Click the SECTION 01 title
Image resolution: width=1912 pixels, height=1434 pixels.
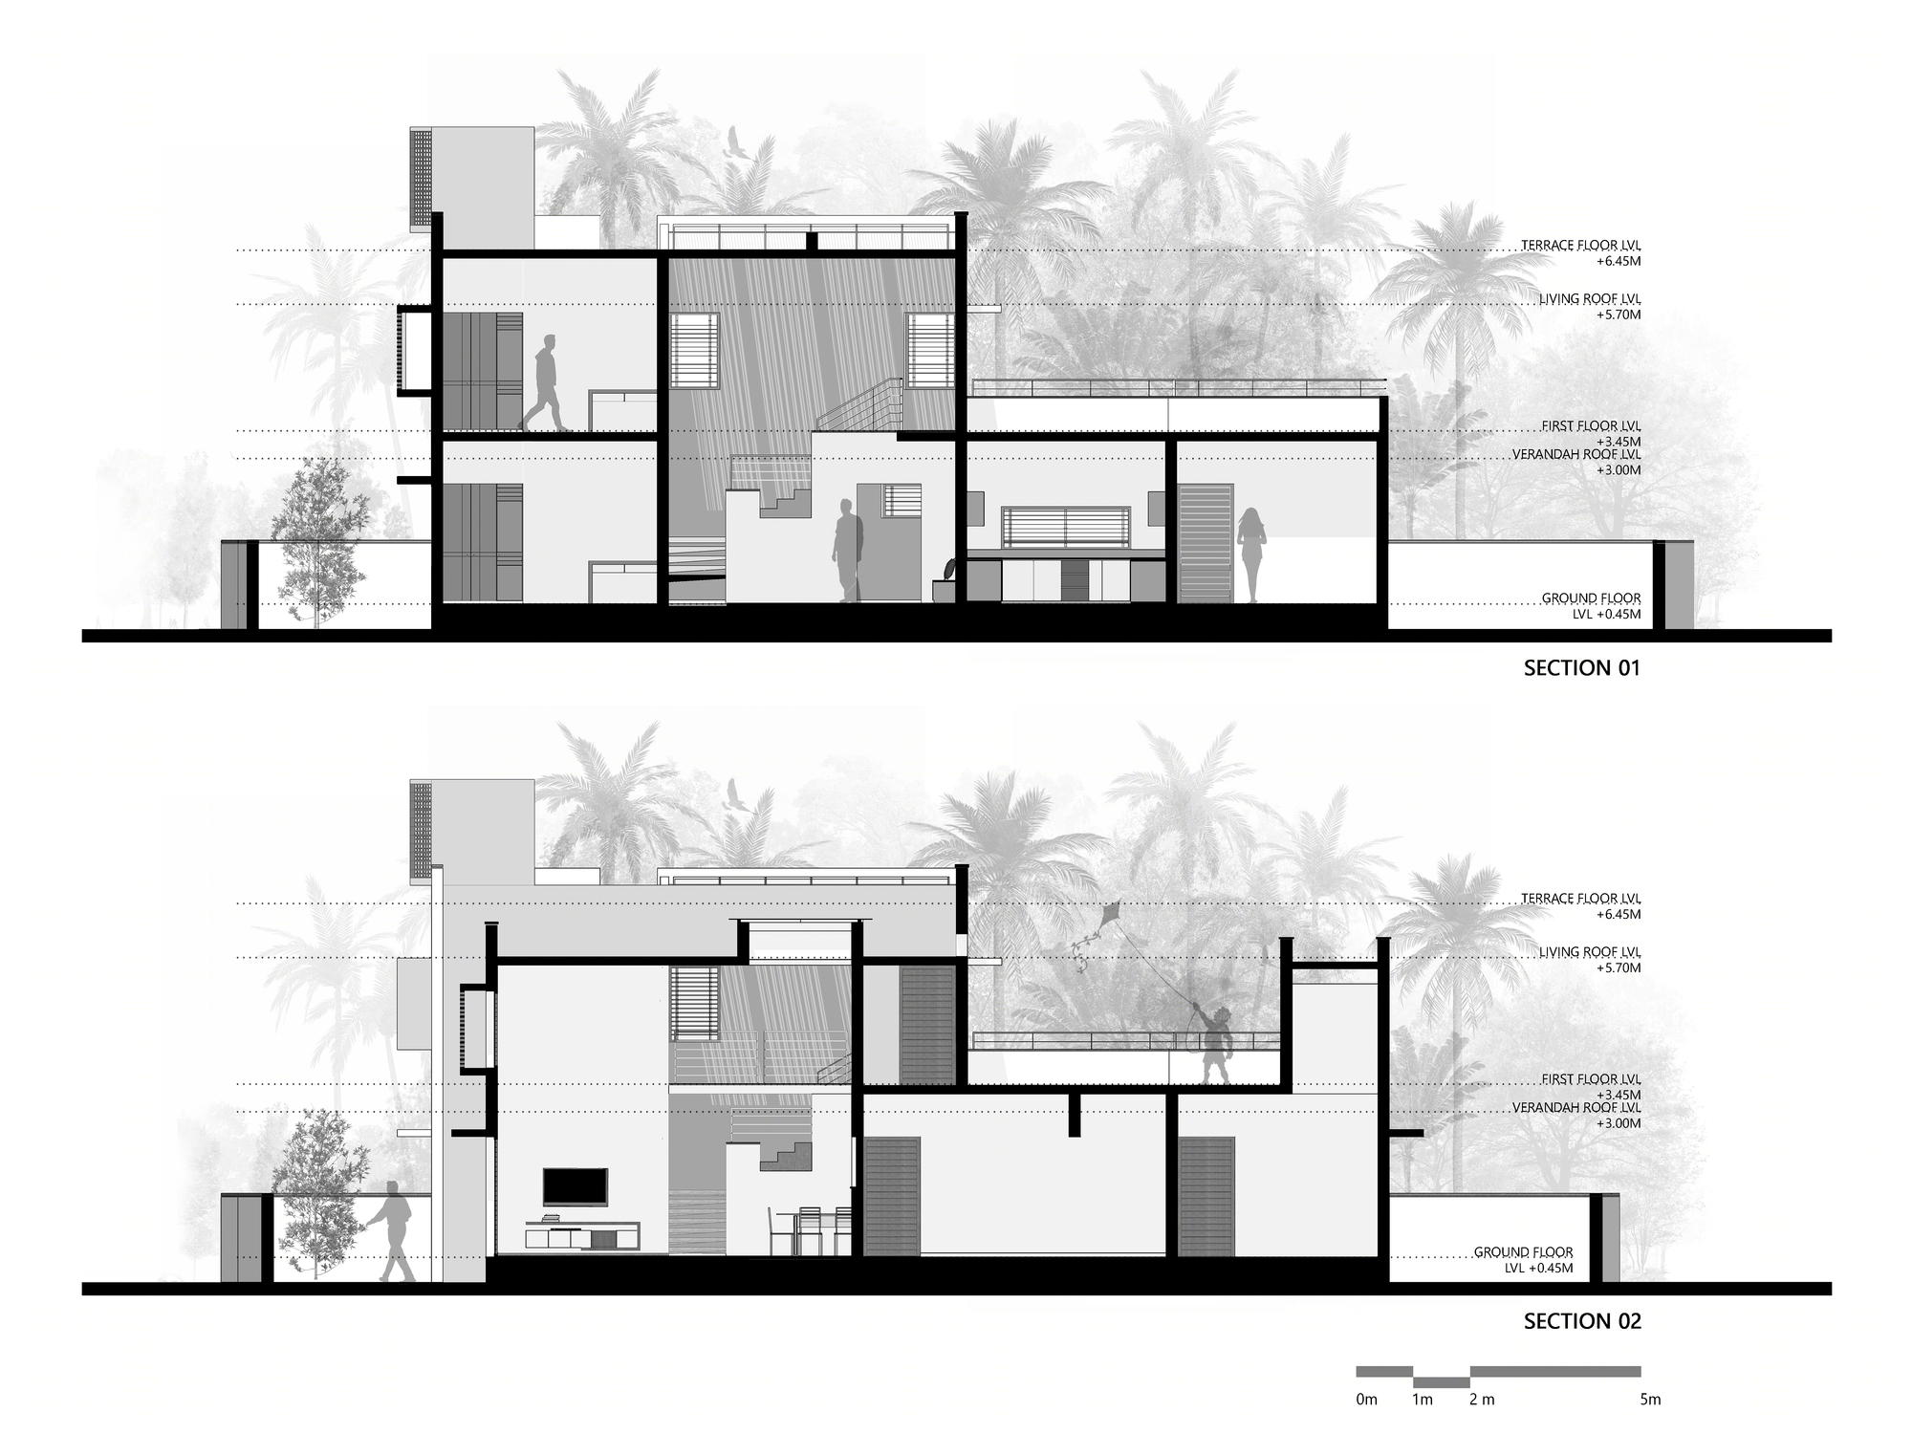point(1582,668)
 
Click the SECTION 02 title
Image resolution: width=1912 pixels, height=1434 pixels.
point(1582,1321)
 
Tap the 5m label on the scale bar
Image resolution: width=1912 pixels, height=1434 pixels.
point(1650,1400)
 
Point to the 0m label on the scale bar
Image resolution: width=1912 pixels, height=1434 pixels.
point(1367,1400)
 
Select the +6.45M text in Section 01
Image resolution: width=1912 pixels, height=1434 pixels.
point(1618,261)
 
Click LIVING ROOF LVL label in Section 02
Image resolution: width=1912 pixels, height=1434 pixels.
point(1590,952)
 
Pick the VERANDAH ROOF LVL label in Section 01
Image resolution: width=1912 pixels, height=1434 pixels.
point(1576,455)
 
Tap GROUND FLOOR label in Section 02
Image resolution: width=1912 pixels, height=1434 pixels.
point(1523,1252)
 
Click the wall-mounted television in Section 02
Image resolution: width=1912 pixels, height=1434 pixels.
point(575,1186)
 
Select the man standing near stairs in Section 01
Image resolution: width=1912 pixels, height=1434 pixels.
point(847,552)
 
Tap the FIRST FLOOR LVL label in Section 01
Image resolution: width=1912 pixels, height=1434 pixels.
point(1591,426)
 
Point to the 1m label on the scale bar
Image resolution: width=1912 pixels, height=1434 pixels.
point(1423,1400)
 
